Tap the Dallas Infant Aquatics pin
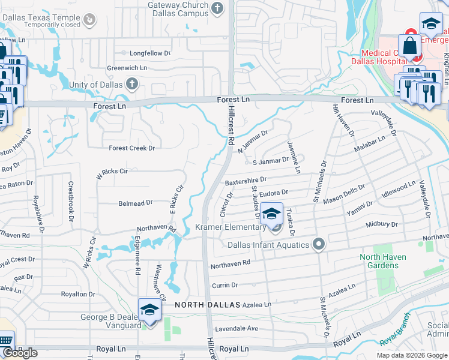tap(319, 244)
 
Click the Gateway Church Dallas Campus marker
tap(217, 8)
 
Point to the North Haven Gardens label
tap(382, 262)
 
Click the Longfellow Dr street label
tap(146, 53)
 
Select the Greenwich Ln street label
tap(127, 68)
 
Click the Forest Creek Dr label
tap(131, 148)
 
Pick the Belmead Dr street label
tap(135, 203)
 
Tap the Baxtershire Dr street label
tap(245, 180)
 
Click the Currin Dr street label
tap(224, 286)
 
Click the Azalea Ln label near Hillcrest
tap(255, 305)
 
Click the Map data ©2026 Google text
tap(411, 355)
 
